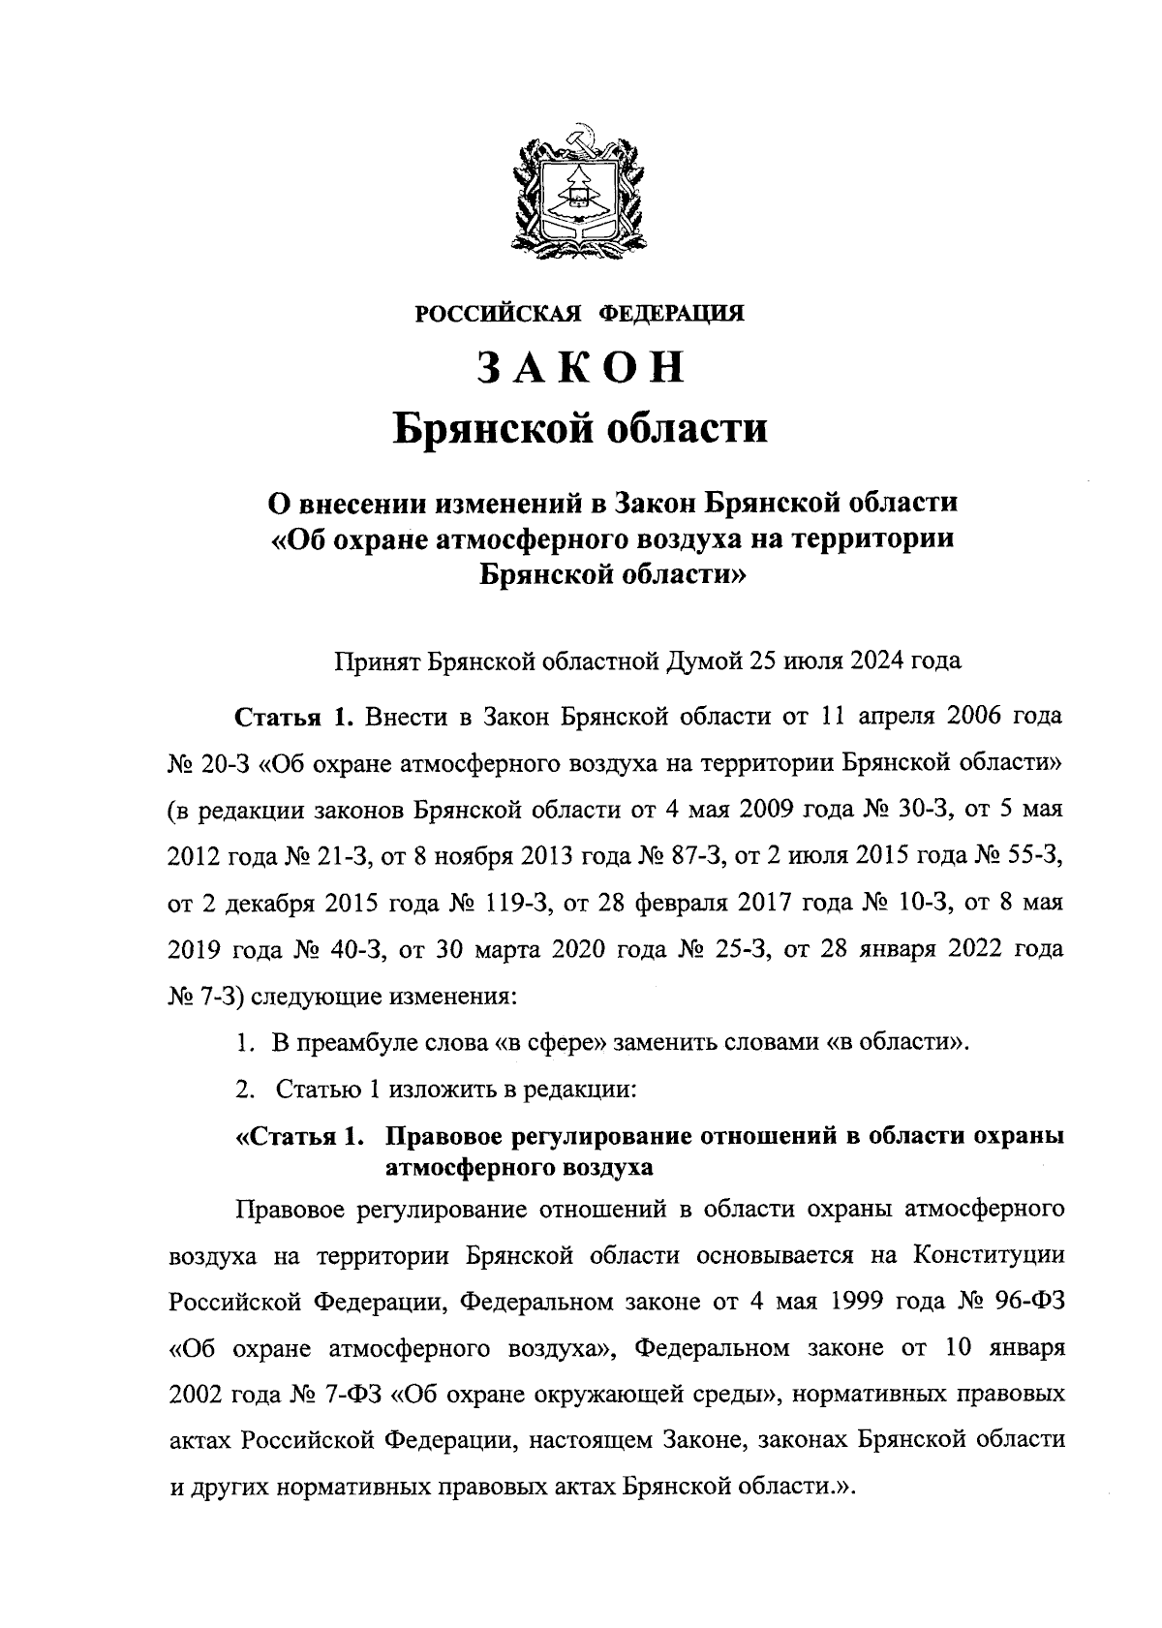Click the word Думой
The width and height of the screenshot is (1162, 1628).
coord(703,662)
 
